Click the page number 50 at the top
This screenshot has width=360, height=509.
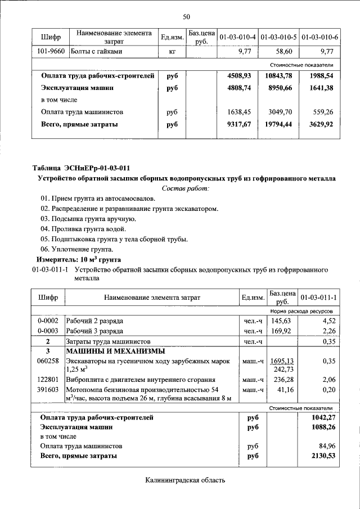[186, 16]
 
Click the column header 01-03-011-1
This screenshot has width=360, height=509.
[318, 296]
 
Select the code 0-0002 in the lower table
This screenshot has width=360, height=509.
[48, 321]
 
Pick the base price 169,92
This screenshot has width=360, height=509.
[281, 331]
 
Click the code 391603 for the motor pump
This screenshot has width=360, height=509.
[48, 389]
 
